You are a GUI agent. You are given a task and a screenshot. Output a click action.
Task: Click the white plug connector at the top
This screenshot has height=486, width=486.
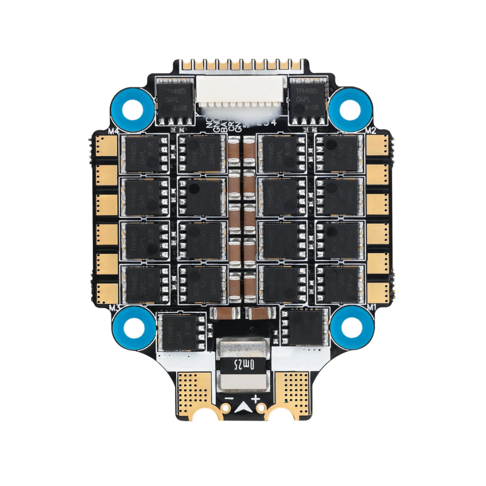(x=243, y=94)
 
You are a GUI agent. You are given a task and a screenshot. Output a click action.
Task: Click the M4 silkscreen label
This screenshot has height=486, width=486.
(x=113, y=130)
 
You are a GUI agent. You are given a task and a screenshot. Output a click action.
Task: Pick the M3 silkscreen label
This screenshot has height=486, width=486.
(x=115, y=307)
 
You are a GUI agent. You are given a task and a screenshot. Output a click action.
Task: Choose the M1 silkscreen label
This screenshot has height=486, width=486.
(x=372, y=307)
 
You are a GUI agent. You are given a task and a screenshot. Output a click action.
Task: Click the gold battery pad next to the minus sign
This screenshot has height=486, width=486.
(x=194, y=391)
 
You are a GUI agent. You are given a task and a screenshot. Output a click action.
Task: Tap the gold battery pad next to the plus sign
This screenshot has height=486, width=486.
(x=292, y=391)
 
